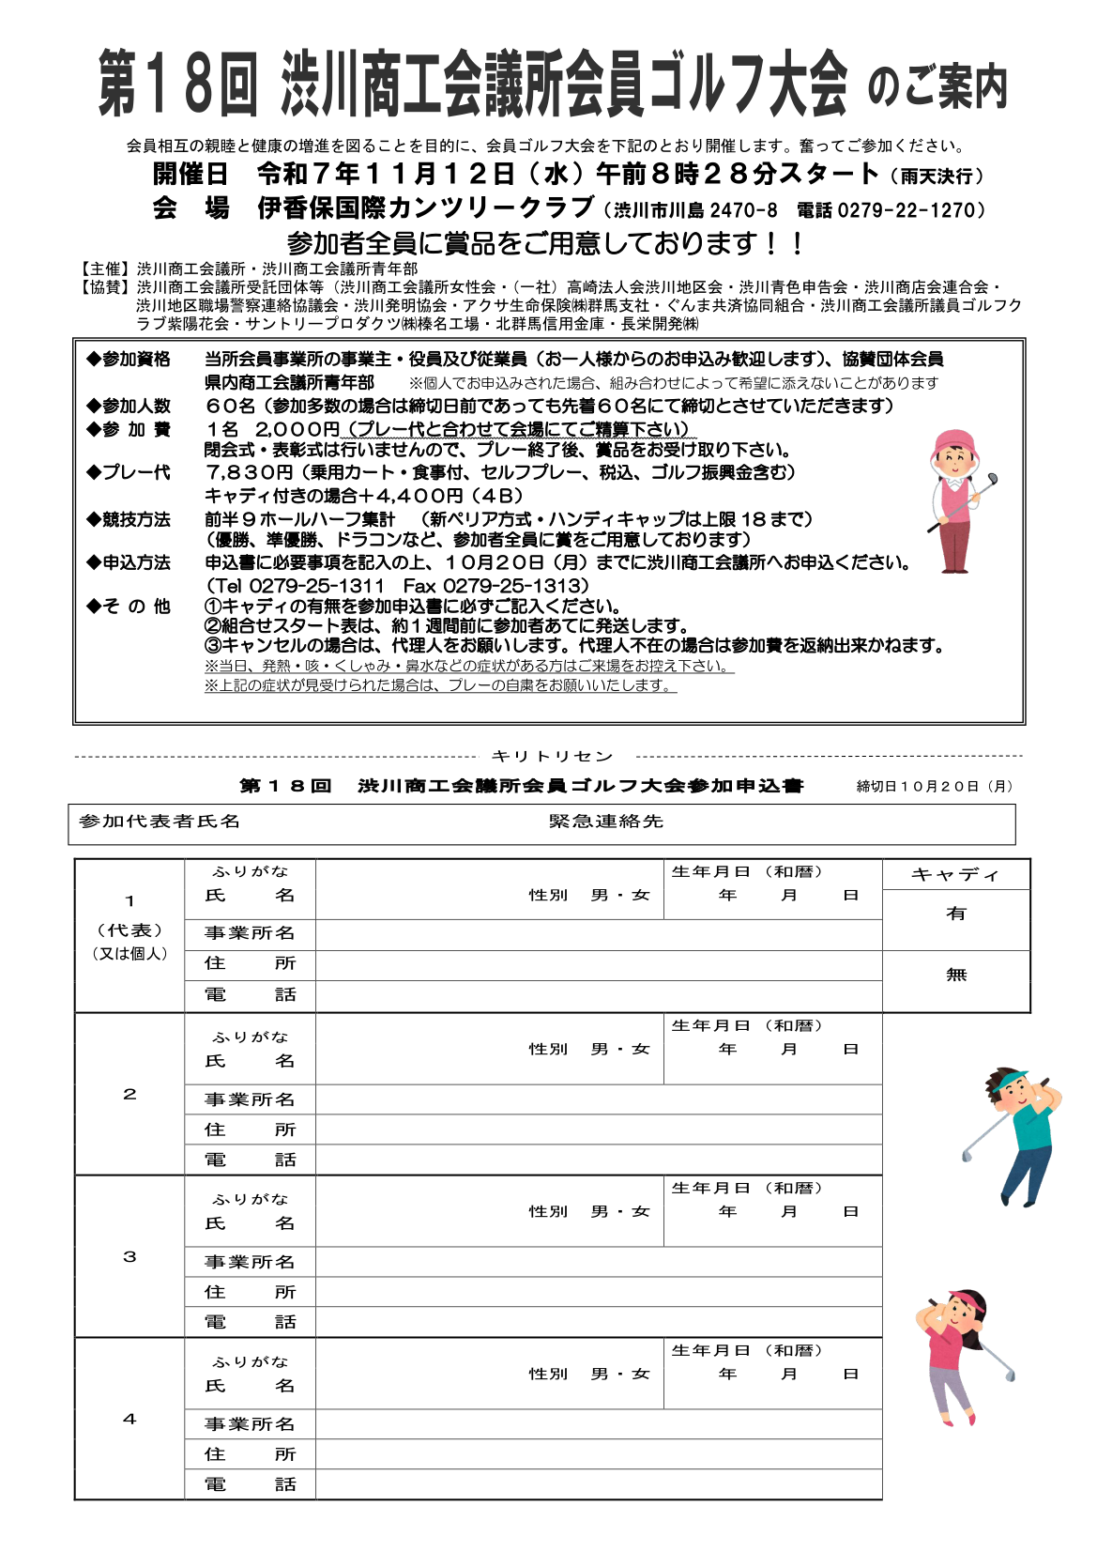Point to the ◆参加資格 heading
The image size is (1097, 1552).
pos(130,359)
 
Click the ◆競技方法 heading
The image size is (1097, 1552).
pos(130,519)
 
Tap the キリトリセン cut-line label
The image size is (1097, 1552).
pos(552,757)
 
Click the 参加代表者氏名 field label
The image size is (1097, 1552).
pos(160,822)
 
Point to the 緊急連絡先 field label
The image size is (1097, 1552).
pos(606,822)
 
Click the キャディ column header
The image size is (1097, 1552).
pos(955,875)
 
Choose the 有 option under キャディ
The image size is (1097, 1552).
pos(955,914)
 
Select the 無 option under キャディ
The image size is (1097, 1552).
pos(955,975)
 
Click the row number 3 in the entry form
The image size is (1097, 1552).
pos(130,1256)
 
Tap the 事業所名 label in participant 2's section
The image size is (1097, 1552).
pos(250,1099)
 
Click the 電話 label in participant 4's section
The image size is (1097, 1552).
pos(250,1484)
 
